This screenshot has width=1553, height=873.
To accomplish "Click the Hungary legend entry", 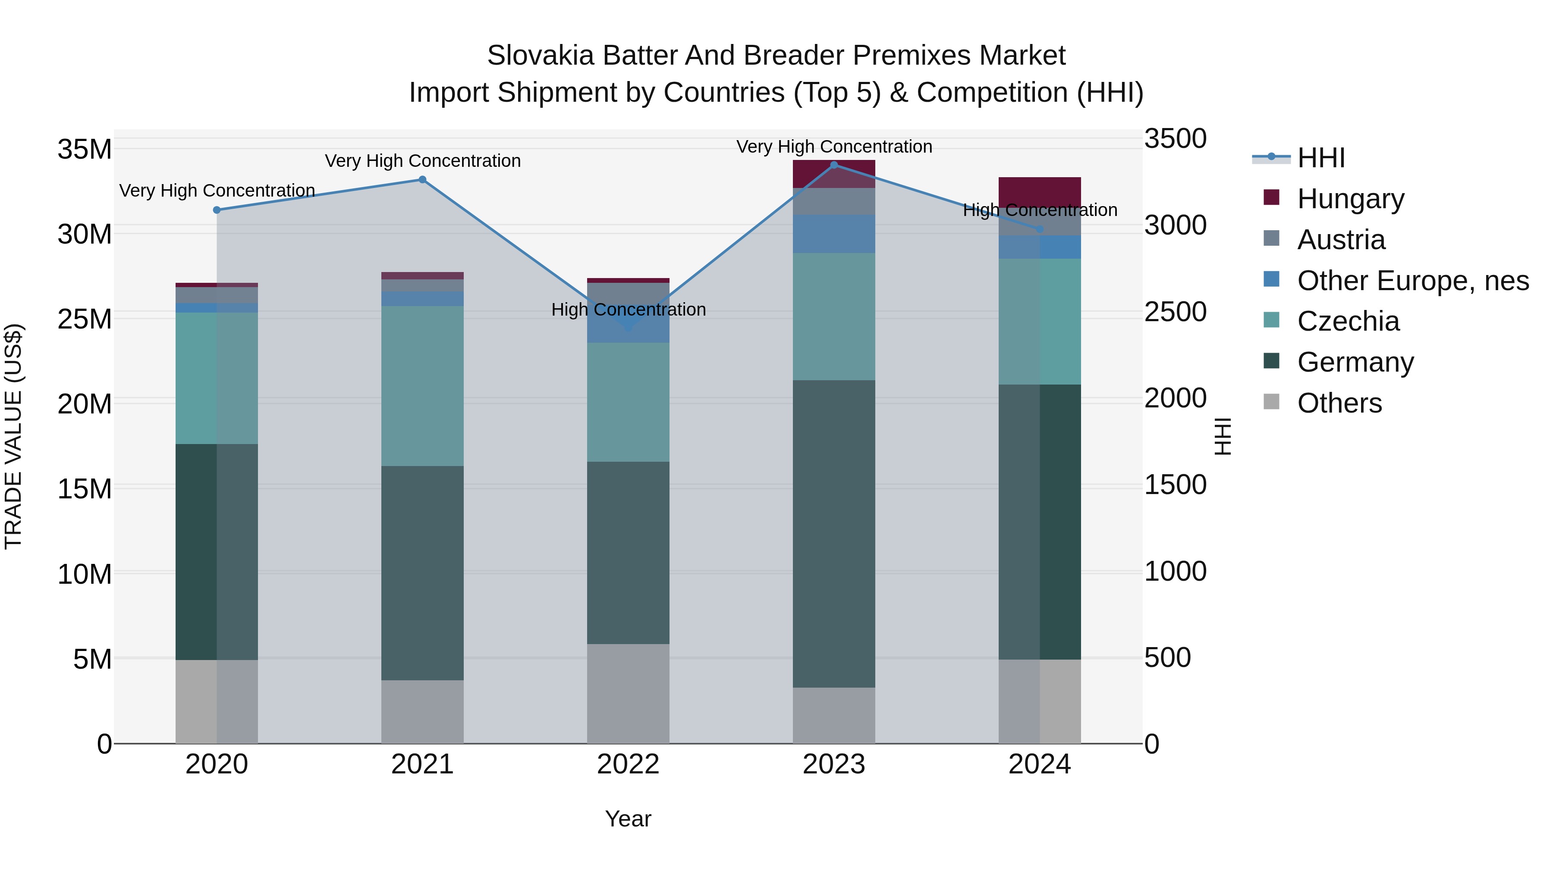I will [1350, 198].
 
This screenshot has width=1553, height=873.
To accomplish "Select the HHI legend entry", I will [1320, 158].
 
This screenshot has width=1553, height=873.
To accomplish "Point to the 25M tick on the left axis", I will [85, 319].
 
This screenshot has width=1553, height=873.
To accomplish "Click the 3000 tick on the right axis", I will [1175, 225].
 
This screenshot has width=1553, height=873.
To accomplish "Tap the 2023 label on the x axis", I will [834, 764].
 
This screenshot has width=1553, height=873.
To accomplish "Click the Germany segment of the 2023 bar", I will [834, 533].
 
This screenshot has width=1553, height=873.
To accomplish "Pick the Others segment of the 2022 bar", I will [628, 694].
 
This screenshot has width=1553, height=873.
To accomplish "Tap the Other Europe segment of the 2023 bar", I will [834, 234].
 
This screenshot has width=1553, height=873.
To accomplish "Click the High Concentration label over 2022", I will [628, 310].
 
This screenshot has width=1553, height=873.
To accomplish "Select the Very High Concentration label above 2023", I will [834, 147].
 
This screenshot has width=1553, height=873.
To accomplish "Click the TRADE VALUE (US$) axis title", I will [13, 436].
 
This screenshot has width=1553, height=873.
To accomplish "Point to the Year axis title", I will [628, 819].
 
